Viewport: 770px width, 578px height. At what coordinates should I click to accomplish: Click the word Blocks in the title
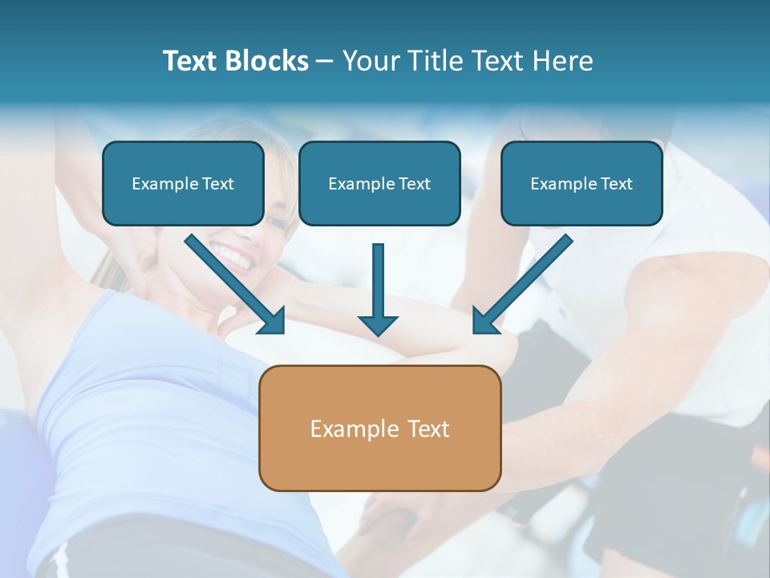coord(267,61)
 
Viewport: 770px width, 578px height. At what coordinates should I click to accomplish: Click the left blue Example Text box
coord(183,183)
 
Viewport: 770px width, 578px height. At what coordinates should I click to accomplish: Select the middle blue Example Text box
coord(379,183)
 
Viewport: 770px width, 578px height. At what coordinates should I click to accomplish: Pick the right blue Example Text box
coord(582,183)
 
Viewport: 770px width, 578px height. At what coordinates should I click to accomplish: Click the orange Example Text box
coord(379,428)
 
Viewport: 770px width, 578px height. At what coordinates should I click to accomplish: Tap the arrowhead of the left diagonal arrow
coord(273,321)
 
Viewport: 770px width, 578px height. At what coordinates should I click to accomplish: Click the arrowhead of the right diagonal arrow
coord(484,321)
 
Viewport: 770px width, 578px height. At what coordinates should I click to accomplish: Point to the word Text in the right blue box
coord(617,184)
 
